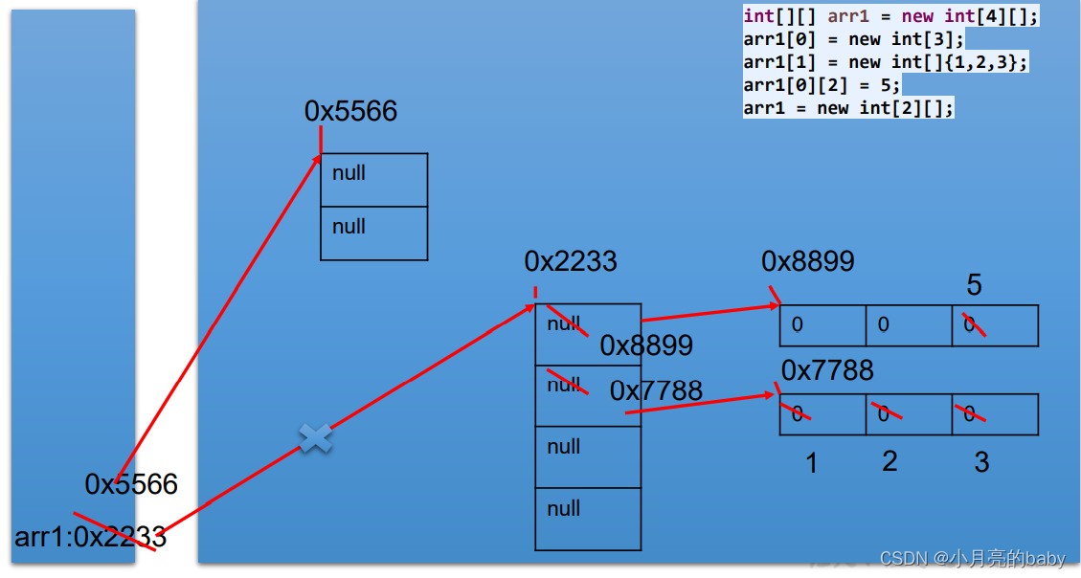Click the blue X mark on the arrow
(315, 439)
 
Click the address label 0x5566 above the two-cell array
(350, 111)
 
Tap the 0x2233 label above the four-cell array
(571, 261)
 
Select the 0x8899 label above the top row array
(808, 261)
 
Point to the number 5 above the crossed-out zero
(974, 285)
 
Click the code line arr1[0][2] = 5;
(822, 85)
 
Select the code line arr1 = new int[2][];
(848, 107)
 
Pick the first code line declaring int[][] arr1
(890, 17)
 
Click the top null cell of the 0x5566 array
(373, 180)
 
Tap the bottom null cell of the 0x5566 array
(373, 233)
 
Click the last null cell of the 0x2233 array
(588, 519)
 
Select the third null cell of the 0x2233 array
(588, 456)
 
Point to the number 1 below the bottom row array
(811, 464)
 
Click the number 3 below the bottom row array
(981, 463)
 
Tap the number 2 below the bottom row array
(890, 461)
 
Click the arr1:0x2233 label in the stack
(90, 537)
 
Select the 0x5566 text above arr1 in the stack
(131, 484)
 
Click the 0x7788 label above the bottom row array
(827, 370)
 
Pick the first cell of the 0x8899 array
(822, 325)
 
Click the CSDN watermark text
(972, 559)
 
